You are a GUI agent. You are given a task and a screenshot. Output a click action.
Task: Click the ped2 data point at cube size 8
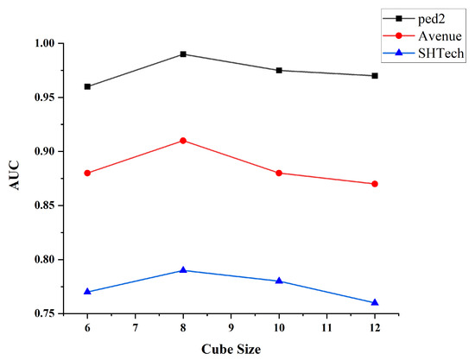(x=184, y=54)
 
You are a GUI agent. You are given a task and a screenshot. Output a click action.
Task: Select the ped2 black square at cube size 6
(x=88, y=86)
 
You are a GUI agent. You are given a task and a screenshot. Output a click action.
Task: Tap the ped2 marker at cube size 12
(x=375, y=76)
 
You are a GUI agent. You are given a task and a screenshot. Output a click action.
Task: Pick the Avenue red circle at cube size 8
(x=184, y=141)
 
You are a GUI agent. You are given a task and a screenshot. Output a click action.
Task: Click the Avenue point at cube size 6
(x=88, y=173)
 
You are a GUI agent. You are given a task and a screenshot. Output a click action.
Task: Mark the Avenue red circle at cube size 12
(x=375, y=184)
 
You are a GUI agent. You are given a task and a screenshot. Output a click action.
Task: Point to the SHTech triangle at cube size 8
(x=184, y=270)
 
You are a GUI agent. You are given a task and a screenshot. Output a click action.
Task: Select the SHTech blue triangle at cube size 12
(x=375, y=302)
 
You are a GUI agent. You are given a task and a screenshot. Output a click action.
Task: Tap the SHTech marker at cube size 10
(x=279, y=281)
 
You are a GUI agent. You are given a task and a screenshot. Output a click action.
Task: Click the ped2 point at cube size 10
(x=279, y=70)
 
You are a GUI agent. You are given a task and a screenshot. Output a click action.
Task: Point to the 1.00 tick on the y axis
(x=41, y=43)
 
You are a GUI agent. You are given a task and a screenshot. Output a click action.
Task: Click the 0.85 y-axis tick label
(x=41, y=205)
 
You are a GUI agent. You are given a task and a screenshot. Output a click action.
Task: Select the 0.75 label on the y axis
(x=41, y=313)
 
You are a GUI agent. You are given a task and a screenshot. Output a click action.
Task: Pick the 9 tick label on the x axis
(x=231, y=329)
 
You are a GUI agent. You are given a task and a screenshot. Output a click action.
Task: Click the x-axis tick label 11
(x=326, y=329)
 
